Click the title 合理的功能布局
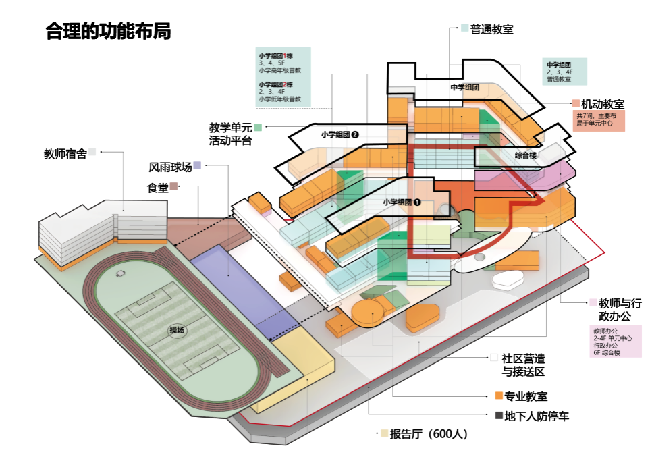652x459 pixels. [x=108, y=31]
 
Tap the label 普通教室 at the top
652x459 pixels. [x=492, y=29]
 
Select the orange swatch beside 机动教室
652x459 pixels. [x=576, y=104]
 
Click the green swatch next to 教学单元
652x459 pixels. [x=258, y=126]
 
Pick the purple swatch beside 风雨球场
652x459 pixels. [x=197, y=165]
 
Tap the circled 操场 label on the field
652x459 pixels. [x=177, y=330]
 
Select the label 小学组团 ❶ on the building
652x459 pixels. [x=402, y=201]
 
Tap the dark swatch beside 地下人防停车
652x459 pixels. [x=499, y=416]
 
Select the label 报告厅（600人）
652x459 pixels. [x=429, y=434]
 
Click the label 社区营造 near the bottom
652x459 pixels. [x=523, y=358]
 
